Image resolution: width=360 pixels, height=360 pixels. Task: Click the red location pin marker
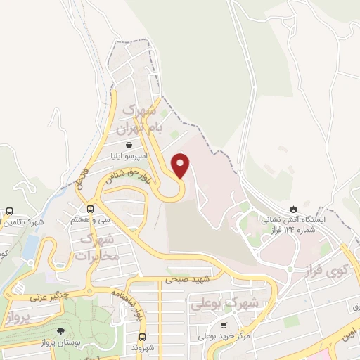[182, 165]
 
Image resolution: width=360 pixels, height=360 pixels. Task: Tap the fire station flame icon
[293, 209]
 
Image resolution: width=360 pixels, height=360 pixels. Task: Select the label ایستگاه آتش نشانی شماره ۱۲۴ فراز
[294, 225]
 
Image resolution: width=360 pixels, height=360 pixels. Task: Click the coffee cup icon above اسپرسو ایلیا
[129, 146]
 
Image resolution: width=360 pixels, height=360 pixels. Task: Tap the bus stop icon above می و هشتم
[90, 208]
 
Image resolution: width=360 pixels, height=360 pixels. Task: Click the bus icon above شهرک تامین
[10, 211]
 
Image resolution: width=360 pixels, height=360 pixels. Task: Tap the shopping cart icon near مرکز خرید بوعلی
[224, 326]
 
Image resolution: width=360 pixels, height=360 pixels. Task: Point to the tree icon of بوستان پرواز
[63, 330]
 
